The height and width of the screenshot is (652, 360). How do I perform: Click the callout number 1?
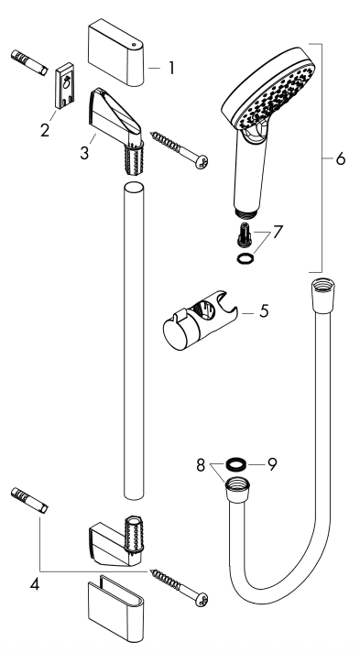click(169, 67)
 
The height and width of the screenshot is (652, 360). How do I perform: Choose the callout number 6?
click(340, 159)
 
